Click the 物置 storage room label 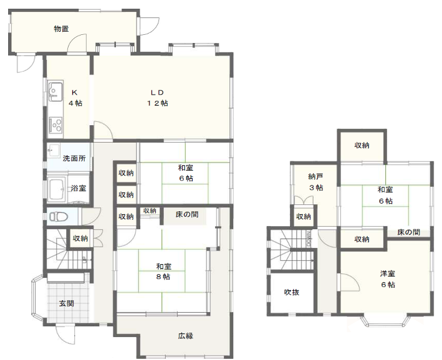point(62,29)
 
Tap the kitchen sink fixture point(55,91)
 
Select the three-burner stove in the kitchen point(55,125)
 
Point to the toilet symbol point(59,217)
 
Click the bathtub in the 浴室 point(57,189)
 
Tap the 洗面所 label point(74,158)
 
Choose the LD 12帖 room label point(157,98)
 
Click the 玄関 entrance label point(67,303)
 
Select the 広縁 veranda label point(186,336)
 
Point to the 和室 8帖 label point(163,272)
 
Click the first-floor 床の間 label point(187,215)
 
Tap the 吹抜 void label point(292,292)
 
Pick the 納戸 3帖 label point(315,182)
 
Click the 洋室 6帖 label point(388,279)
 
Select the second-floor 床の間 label point(408,232)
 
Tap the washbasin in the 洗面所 point(54,150)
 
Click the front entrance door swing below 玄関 point(65,334)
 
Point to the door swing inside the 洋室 point(350,282)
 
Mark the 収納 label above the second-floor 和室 point(362,145)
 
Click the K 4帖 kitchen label point(75,98)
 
